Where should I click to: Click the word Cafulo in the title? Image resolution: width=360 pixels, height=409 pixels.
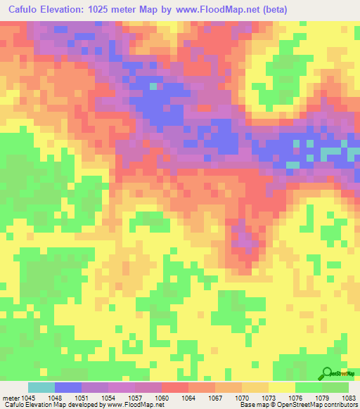(x=27, y=8)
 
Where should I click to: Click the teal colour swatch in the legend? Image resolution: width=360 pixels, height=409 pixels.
(x=41, y=387)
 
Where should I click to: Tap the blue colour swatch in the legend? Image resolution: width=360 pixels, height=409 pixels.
(x=68, y=387)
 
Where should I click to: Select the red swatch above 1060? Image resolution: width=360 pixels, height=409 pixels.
(x=175, y=387)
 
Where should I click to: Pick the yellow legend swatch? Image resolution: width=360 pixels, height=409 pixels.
(x=282, y=387)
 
